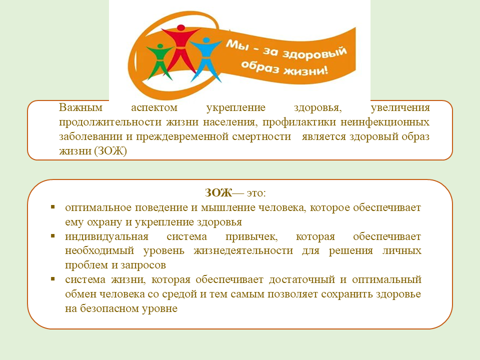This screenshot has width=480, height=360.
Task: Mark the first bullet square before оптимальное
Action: click(53, 206)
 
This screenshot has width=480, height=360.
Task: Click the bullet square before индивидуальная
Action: click(53, 235)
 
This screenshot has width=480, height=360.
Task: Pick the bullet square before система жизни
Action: click(53, 278)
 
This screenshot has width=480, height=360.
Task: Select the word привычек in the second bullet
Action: click(242, 236)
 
